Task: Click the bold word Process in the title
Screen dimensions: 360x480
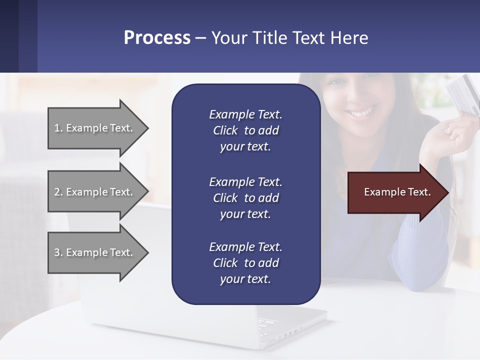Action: click(x=157, y=38)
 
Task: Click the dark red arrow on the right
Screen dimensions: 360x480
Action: click(x=395, y=192)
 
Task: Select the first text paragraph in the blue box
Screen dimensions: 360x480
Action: click(x=245, y=130)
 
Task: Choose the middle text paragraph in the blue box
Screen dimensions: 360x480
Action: click(x=245, y=197)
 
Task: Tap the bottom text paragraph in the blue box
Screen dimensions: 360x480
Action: click(x=245, y=263)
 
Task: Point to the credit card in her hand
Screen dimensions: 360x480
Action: click(x=462, y=95)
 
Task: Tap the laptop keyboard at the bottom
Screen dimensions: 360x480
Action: click(x=280, y=325)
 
